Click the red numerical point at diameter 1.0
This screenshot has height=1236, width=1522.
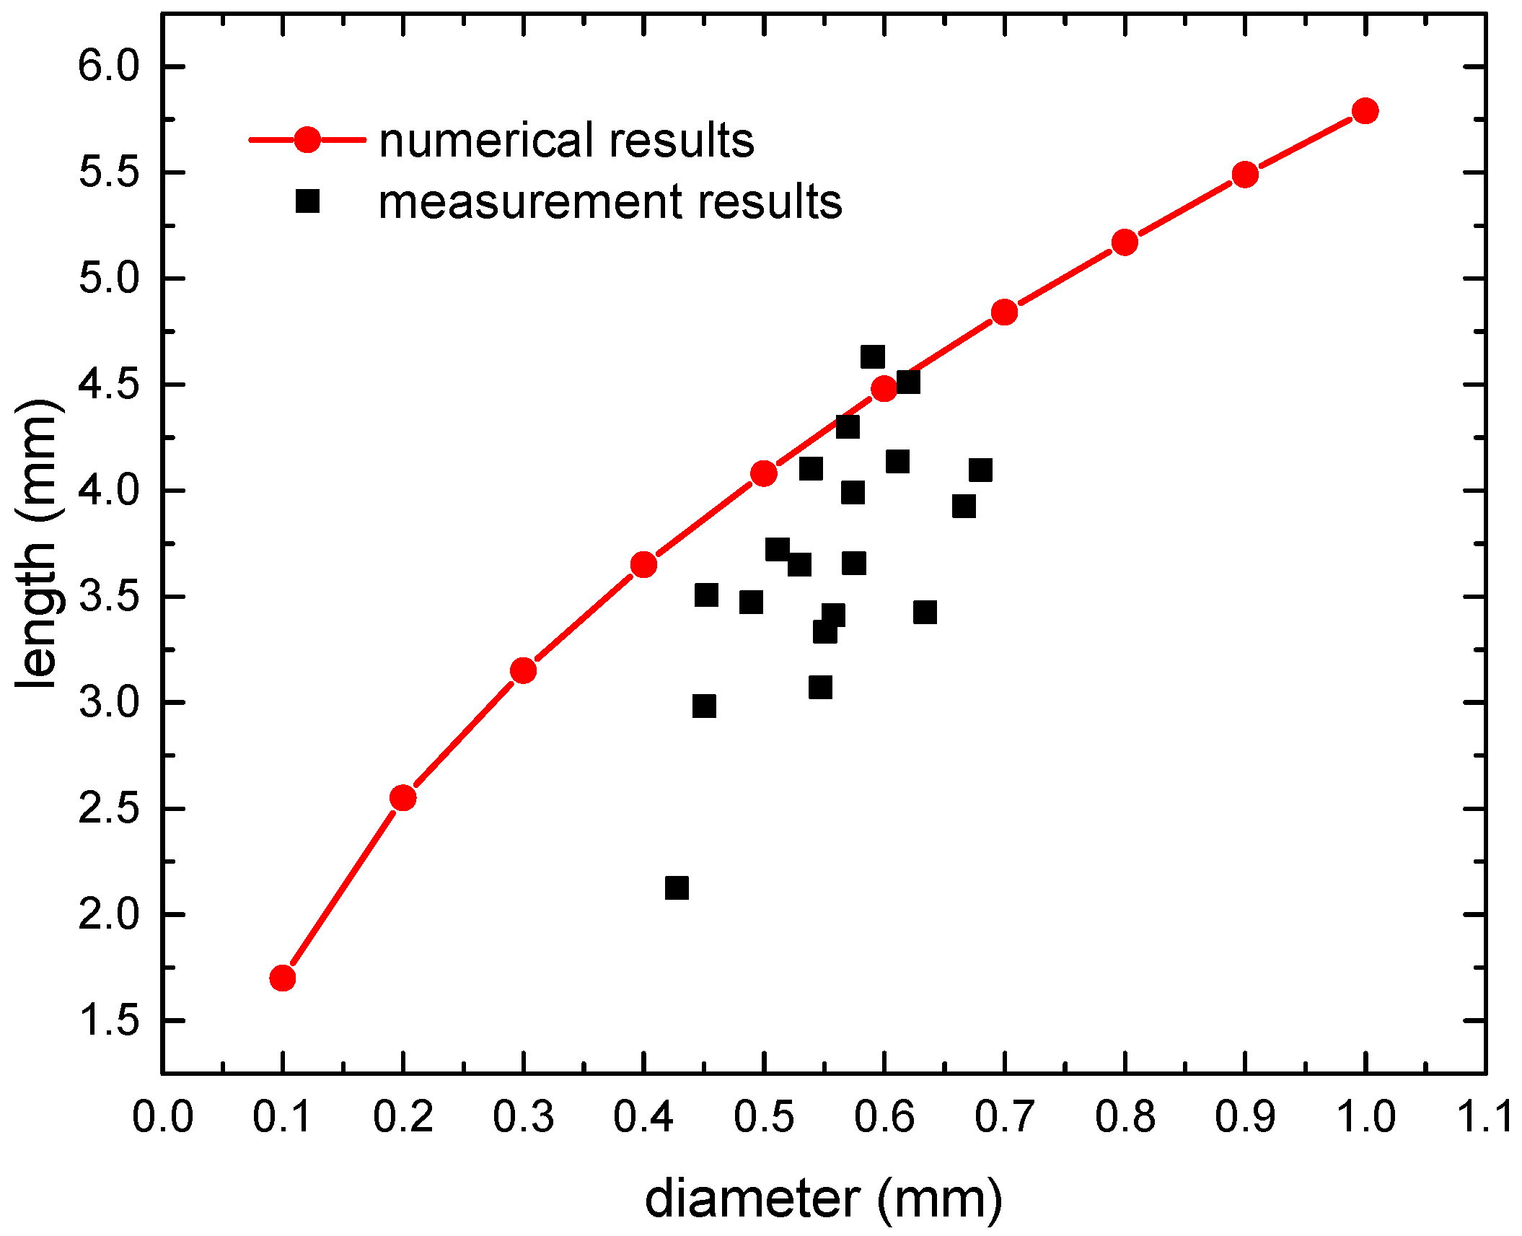[x=1365, y=111]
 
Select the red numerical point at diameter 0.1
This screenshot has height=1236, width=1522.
[x=283, y=978]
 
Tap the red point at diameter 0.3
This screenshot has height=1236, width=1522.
[x=523, y=670]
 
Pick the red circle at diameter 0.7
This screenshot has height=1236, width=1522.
[x=1004, y=312]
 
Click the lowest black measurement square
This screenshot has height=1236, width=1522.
[x=677, y=887]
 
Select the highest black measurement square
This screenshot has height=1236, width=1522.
[x=873, y=356]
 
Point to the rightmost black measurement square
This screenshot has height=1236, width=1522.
[x=980, y=470]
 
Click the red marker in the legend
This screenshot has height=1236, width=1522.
[x=307, y=139]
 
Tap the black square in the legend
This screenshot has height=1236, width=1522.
[x=307, y=201]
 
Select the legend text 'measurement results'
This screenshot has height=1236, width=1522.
[x=610, y=202]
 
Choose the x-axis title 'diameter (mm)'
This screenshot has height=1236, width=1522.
[x=823, y=1199]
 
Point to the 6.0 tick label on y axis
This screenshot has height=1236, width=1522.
[x=108, y=67]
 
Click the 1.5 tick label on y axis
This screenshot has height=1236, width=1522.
[x=108, y=1021]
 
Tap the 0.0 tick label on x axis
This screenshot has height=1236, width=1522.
[x=163, y=1116]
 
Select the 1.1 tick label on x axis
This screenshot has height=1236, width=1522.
[x=1484, y=1116]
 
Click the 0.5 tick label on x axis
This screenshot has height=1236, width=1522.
[x=764, y=1116]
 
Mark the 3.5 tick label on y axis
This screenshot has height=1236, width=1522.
[x=108, y=597]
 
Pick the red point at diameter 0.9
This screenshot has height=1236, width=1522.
[x=1245, y=175]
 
